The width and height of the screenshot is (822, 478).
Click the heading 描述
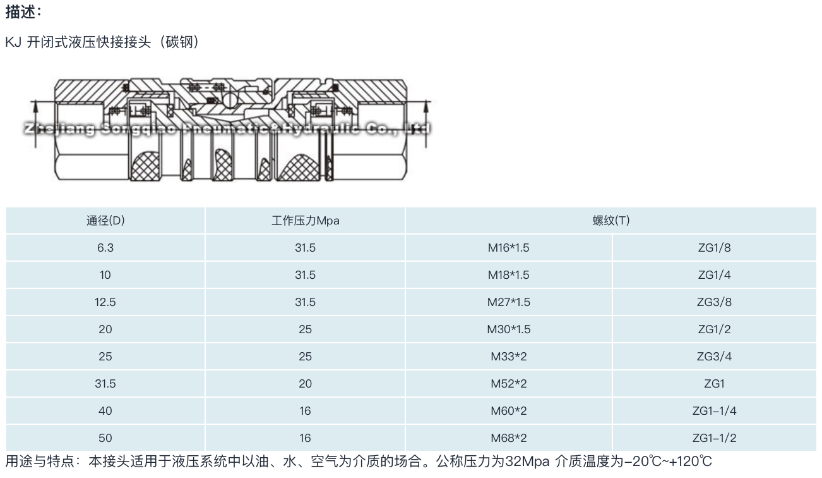pyautogui.click(x=21, y=12)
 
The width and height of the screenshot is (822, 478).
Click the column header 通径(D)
pyautogui.click(x=105, y=221)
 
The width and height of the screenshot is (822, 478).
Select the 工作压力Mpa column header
pyautogui.click(x=306, y=221)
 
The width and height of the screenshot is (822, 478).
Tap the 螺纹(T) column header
pyautogui.click(x=611, y=221)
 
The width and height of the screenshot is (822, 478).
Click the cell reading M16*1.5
pyautogui.click(x=509, y=248)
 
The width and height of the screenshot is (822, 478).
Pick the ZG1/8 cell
pyautogui.click(x=714, y=248)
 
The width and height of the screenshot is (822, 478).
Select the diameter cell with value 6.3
pyautogui.click(x=105, y=248)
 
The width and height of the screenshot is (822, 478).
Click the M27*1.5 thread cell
pyautogui.click(x=509, y=302)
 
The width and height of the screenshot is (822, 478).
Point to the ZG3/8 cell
pyautogui.click(x=714, y=302)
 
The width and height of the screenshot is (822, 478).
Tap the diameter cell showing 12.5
pyautogui.click(x=105, y=302)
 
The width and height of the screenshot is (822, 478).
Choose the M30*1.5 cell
pyautogui.click(x=509, y=329)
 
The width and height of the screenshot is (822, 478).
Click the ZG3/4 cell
pyautogui.click(x=714, y=357)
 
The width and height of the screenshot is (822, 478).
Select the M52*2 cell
pyautogui.click(x=509, y=384)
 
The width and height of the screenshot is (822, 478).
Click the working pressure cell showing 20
pyautogui.click(x=306, y=384)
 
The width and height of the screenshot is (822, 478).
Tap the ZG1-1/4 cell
pyautogui.click(x=714, y=411)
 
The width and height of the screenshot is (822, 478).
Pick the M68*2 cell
pyautogui.click(x=509, y=438)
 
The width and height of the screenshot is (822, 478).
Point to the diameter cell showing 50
pyautogui.click(x=105, y=438)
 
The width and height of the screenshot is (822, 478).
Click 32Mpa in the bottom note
pyautogui.click(x=527, y=462)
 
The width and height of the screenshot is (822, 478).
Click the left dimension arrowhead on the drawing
pyautogui.click(x=35, y=107)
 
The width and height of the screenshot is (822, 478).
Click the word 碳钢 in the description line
pyautogui.click(x=179, y=42)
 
